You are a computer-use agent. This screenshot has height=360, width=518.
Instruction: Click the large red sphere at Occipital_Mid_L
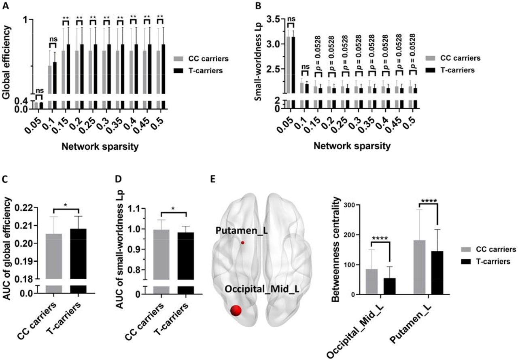(x=236, y=310)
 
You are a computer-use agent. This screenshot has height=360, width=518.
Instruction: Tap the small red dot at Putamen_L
(x=242, y=243)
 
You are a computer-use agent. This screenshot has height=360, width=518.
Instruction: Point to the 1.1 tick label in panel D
(x=135, y=209)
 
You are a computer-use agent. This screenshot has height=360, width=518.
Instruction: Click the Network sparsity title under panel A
(x=100, y=146)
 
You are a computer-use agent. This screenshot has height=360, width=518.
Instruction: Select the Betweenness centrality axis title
(x=335, y=249)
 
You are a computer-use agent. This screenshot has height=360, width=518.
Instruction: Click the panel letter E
(x=213, y=179)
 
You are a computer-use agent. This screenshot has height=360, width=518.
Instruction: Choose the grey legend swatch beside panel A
(x=178, y=59)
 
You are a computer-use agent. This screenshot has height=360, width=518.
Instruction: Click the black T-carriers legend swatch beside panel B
(x=430, y=70)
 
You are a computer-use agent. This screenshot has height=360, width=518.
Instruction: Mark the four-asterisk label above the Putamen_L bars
(x=429, y=201)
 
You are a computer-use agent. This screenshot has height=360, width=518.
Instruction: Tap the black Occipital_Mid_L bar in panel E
(x=389, y=286)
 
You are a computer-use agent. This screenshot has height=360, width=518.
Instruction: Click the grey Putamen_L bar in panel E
(x=420, y=267)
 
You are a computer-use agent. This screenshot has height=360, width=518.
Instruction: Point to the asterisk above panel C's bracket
(x=66, y=205)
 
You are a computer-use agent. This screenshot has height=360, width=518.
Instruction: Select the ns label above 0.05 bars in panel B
(x=291, y=19)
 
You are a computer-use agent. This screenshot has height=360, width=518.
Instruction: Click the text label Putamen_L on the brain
(x=242, y=231)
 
